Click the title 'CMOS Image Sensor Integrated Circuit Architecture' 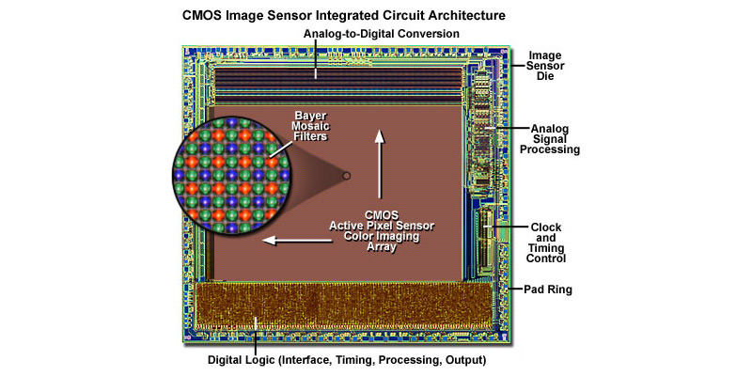coord(343,16)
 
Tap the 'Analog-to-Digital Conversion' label coord(382,34)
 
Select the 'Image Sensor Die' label coord(546,65)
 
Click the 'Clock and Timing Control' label coord(546,243)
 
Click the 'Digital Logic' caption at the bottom coord(347,359)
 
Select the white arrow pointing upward coord(380,164)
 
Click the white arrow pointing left coord(297,240)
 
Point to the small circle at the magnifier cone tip coord(346,176)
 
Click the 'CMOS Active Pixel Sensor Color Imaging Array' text coord(382,230)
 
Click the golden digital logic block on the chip coord(344,305)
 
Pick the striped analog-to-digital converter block coord(339,85)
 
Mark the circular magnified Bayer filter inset coord(230,176)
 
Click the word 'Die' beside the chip coord(546,76)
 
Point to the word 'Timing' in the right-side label coord(546,248)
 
